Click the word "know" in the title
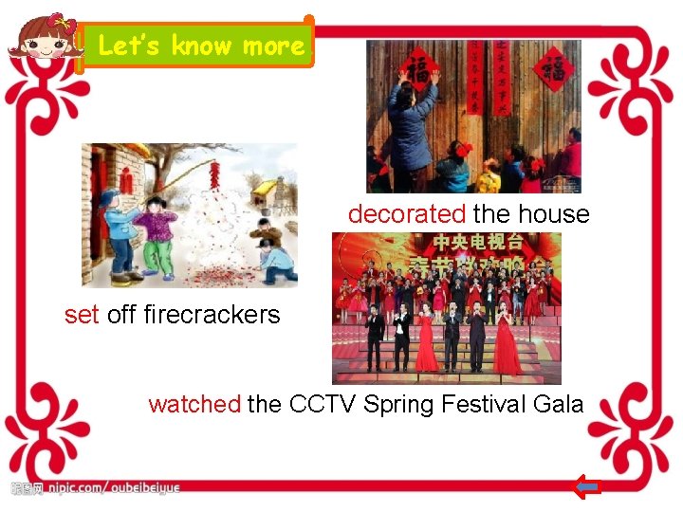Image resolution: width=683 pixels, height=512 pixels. pos(201,46)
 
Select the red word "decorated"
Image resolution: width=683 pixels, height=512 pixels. pos(407,214)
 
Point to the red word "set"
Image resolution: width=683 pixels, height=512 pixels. pos(82,315)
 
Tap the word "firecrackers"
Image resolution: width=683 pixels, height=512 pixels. pos(212,315)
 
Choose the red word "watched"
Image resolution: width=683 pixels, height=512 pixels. pos(194,405)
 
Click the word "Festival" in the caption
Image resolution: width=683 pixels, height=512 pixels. pos(482,405)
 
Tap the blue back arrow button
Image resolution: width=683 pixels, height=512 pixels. pos(588,488)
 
